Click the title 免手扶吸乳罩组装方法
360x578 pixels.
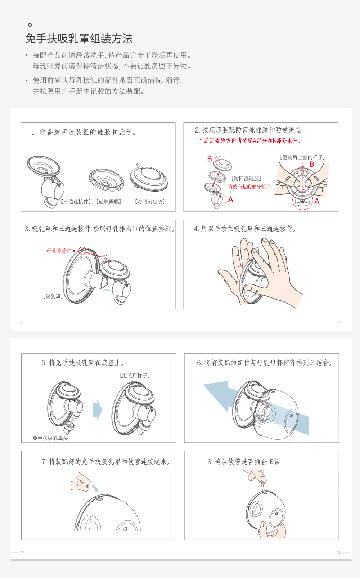tap(79, 39)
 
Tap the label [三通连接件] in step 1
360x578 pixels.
tap(76, 202)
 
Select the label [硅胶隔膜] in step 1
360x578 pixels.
tap(109, 202)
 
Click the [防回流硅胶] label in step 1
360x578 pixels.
tap(150, 202)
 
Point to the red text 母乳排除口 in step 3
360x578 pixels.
tap(59, 251)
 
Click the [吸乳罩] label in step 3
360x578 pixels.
tap(53, 296)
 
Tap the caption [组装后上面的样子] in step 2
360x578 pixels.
tap(302, 157)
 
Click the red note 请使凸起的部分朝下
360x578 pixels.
tap(249, 187)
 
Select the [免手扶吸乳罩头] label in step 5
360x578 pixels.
tap(50, 438)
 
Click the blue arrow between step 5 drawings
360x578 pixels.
tap(97, 410)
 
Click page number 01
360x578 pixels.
tap(21, 323)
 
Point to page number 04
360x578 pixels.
tap(339, 552)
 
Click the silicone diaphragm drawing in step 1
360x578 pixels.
tap(107, 180)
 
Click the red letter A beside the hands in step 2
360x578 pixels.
tap(317, 202)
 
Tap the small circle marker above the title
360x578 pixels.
tap(30, 25)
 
